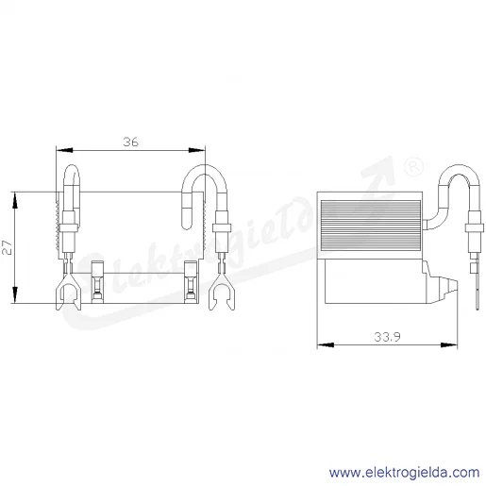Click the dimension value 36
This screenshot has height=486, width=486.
point(130,142)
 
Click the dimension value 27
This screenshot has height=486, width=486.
point(8,247)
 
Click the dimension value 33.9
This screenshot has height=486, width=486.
point(387,337)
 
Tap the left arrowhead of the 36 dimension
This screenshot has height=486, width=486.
point(64,150)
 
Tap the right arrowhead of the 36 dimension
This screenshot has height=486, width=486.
point(196,150)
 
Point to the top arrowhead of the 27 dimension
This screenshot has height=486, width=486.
point(15,200)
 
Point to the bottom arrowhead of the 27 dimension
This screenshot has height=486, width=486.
point(15,294)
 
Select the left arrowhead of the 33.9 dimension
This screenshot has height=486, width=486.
point(326,345)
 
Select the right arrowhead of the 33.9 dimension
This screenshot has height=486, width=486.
point(449,345)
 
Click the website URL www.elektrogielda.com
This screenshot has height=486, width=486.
point(404,473)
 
